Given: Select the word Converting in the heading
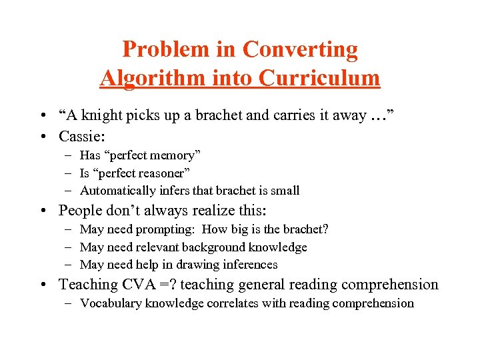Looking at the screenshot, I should tap(300, 49).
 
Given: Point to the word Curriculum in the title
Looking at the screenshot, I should tap(320, 78).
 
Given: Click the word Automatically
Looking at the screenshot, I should tap(115, 191).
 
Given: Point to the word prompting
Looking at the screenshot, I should tap(166, 230).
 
